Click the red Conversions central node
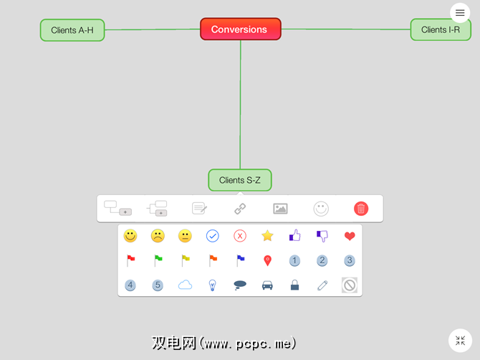240,29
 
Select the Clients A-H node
72,30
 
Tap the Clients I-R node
441,29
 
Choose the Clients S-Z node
240,180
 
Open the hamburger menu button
460,13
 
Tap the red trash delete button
361,209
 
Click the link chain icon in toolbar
240,209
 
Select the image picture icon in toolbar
280,209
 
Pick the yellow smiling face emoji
130,236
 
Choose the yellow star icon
267,236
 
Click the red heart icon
350,236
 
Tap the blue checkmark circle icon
212,236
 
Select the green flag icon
158,260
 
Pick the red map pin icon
267,260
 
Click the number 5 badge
158,285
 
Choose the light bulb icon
212,285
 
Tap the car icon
267,285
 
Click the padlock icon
294,285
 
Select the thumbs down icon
322,236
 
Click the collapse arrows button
459,340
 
